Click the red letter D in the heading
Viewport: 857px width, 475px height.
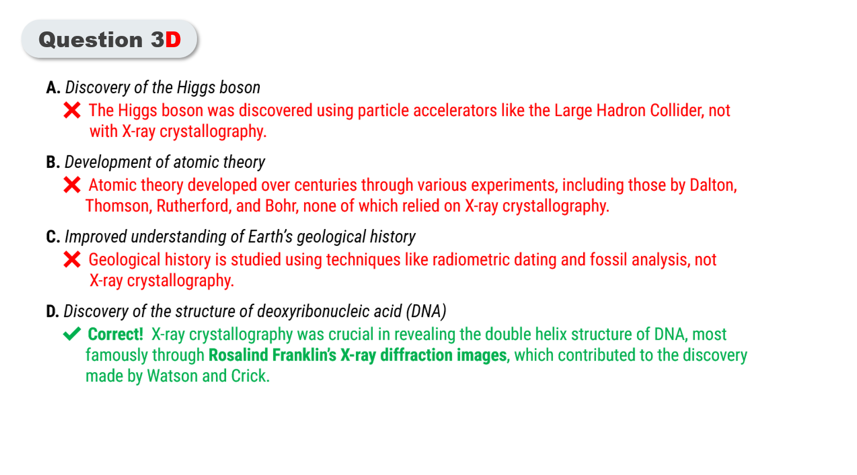click(x=173, y=40)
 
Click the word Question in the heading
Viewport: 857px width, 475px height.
click(x=91, y=40)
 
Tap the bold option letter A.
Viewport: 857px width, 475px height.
click(x=53, y=88)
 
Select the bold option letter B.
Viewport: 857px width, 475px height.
click(x=53, y=162)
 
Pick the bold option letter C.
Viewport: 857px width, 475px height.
click(x=53, y=237)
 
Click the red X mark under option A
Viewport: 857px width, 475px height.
click(x=72, y=111)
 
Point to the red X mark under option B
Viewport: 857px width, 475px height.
click(x=72, y=185)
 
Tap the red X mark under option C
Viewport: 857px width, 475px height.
click(x=72, y=260)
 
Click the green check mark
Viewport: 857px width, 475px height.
click(x=72, y=334)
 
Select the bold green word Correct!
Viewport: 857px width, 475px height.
click(x=116, y=334)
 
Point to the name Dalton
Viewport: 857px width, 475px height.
click(x=713, y=185)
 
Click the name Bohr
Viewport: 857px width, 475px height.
click(x=281, y=206)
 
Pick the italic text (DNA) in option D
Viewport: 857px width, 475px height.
click(x=426, y=312)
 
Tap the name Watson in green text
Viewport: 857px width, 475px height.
click(x=172, y=376)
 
